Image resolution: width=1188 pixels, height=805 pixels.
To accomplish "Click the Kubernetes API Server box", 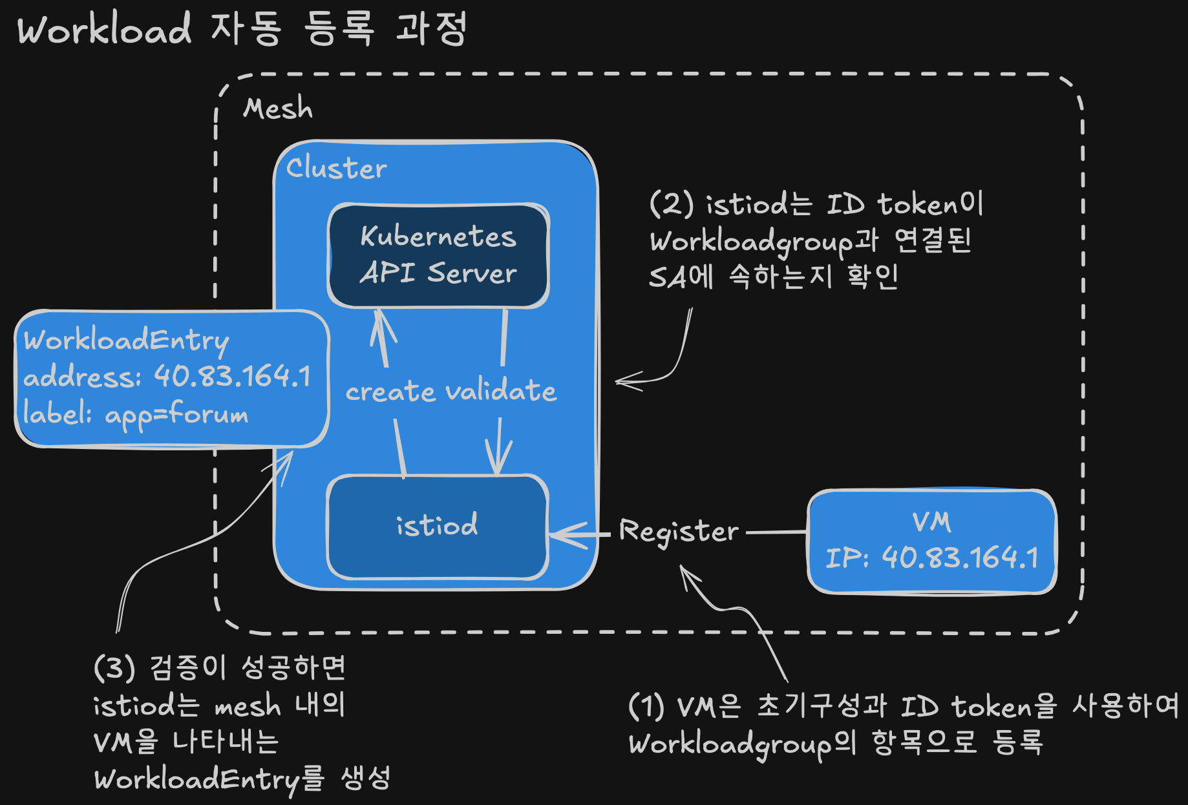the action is tap(438, 256).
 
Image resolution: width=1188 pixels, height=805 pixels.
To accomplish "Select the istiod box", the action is tap(438, 527).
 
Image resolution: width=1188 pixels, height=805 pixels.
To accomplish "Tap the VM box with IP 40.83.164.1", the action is tap(932, 541).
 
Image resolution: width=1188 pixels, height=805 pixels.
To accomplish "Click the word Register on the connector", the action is tap(679, 532).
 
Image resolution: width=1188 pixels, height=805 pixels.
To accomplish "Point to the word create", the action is tap(390, 392).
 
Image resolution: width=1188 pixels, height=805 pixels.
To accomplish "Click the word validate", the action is tap(502, 391).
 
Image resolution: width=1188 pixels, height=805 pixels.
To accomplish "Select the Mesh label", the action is tap(278, 109).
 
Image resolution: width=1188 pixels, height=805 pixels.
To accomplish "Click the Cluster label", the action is tap(336, 168).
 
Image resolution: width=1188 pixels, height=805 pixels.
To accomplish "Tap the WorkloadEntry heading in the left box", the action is tap(127, 340).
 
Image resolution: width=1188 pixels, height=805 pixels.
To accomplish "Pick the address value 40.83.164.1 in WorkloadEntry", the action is tap(233, 376).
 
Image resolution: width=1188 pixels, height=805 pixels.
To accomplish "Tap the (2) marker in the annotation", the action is tap(672, 204).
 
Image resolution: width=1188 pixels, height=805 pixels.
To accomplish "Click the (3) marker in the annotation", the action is tap(114, 667).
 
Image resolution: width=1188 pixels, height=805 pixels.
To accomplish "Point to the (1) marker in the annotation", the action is tap(646, 706).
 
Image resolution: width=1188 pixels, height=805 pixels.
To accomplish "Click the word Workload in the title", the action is tap(104, 30).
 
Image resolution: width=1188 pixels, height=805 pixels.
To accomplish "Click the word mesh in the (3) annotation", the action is tap(248, 706).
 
